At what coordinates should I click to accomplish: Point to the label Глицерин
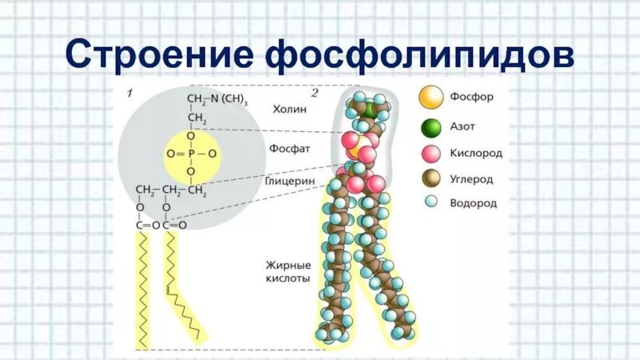point(289,182)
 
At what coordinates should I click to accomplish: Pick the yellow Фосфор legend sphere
point(431,98)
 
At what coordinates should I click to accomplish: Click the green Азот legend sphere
point(431,127)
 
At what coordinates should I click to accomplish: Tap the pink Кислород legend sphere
point(431,154)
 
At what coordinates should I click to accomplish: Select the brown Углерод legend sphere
point(431,179)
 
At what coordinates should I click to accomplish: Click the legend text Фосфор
point(471,98)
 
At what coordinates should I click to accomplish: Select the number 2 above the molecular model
point(314,94)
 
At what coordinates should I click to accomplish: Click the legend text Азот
point(463,126)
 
